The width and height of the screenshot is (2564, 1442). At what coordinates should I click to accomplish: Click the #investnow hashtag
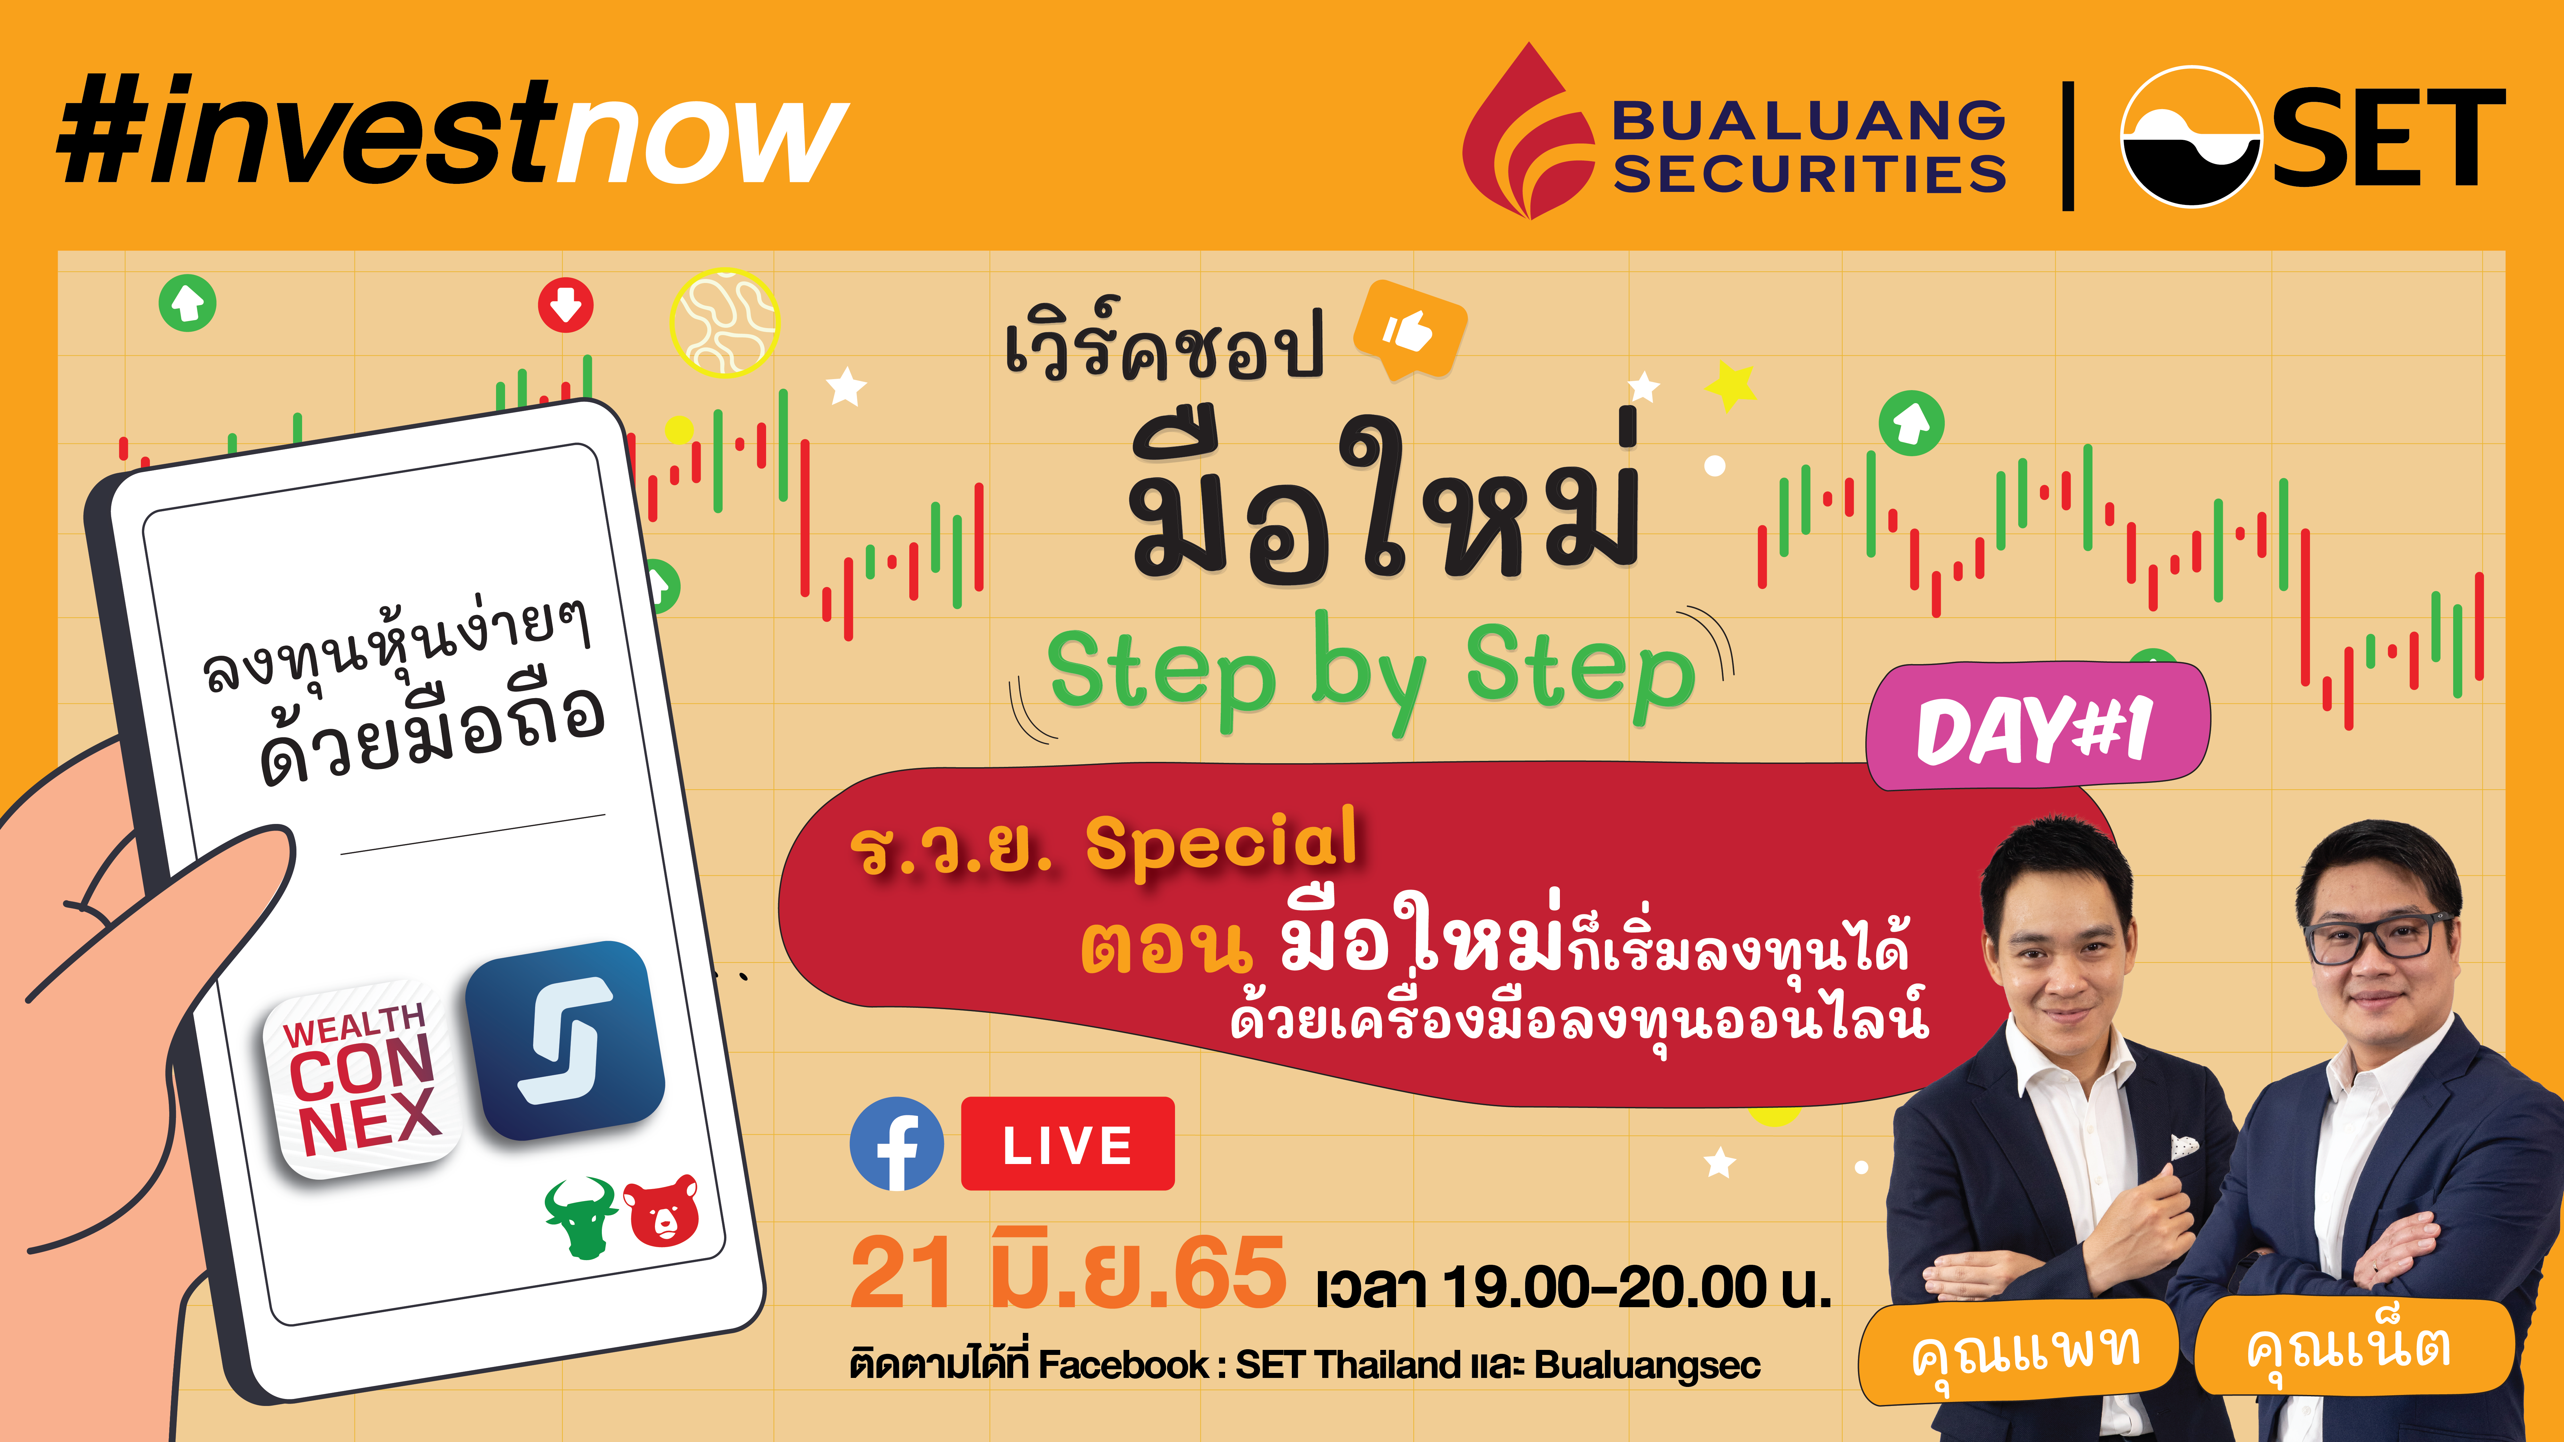click(453, 131)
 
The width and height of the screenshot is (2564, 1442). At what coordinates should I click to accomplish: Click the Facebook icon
click(897, 1143)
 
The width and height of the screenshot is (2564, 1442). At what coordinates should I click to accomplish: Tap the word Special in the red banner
click(1221, 841)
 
